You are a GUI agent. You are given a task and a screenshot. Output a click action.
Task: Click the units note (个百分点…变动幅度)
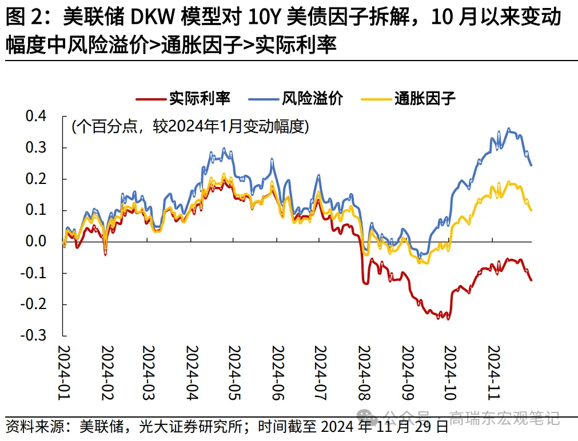tap(190, 126)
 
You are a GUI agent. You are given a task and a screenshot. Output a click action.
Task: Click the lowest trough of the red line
tap(448, 319)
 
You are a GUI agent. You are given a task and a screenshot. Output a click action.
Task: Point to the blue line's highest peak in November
tap(509, 129)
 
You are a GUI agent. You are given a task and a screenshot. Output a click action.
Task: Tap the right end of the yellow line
tap(531, 210)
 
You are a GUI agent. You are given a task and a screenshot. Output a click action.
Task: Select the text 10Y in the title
tap(266, 18)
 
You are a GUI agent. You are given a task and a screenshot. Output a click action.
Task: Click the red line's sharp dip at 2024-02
tap(105, 254)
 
